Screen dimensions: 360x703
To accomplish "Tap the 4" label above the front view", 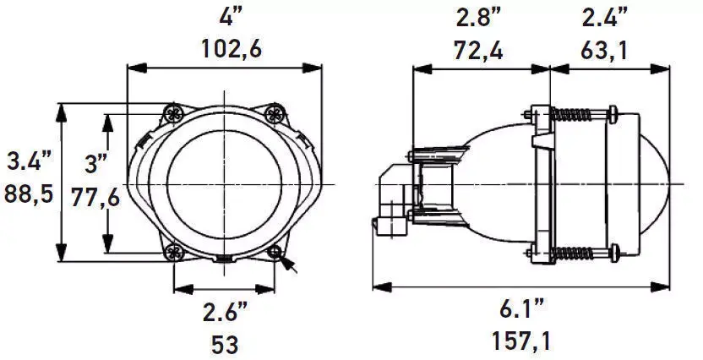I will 228,15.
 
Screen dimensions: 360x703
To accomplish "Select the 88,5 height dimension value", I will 29,194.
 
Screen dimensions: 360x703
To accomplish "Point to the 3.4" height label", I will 29,160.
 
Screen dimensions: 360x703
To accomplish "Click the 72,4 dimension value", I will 478,51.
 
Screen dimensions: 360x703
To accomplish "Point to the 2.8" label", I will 478,17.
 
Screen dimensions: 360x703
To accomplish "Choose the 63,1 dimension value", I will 605,51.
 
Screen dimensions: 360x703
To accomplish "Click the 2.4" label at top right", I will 605,17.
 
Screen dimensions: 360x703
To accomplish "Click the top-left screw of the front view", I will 174,112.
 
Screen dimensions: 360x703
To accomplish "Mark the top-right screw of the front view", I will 274,112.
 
